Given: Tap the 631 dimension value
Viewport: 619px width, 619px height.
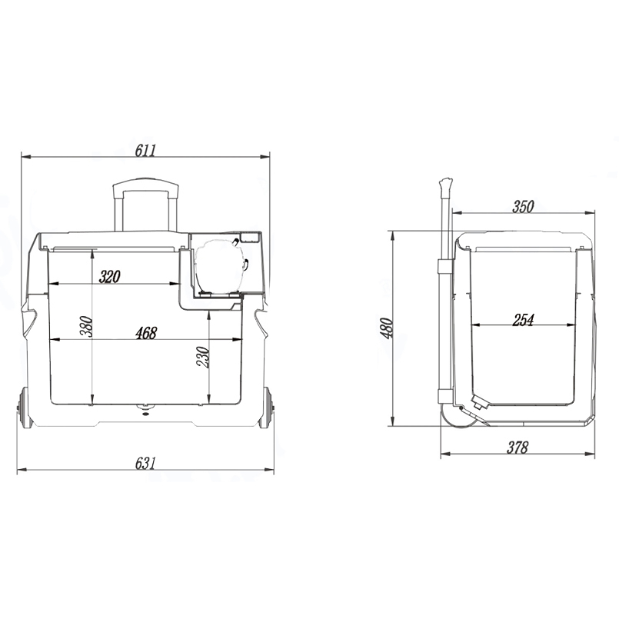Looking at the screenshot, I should [x=145, y=462].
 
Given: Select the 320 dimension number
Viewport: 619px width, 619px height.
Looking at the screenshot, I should [x=109, y=277].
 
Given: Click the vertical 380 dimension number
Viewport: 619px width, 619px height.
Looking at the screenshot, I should [x=86, y=329].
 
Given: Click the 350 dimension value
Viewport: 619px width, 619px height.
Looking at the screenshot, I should [x=522, y=205].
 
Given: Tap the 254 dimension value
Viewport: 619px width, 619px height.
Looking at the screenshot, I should [x=523, y=320].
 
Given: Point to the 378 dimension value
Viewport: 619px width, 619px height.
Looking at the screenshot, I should [x=518, y=448].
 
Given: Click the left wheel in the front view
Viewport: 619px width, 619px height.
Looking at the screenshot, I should [x=24, y=408].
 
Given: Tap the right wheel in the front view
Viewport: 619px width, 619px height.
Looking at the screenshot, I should [x=266, y=408].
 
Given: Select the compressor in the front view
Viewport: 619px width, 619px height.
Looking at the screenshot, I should [x=221, y=267].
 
